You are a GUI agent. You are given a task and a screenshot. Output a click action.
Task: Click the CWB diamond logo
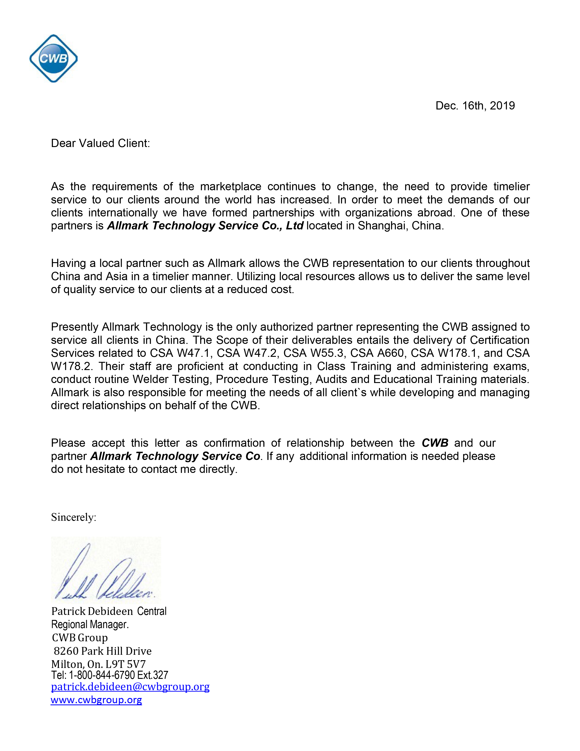click(x=54, y=58)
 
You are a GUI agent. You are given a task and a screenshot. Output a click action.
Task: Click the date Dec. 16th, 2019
click(x=475, y=106)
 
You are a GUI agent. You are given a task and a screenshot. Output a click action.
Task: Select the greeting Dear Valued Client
click(x=100, y=143)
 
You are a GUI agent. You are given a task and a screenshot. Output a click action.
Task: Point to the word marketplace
click(x=231, y=186)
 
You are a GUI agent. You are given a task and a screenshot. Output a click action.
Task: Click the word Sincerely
click(x=73, y=517)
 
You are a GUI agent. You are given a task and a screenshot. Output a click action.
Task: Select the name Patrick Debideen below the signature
click(x=92, y=611)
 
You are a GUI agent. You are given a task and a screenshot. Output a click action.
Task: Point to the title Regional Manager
click(x=90, y=624)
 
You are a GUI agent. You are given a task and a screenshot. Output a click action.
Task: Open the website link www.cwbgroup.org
click(x=96, y=700)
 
